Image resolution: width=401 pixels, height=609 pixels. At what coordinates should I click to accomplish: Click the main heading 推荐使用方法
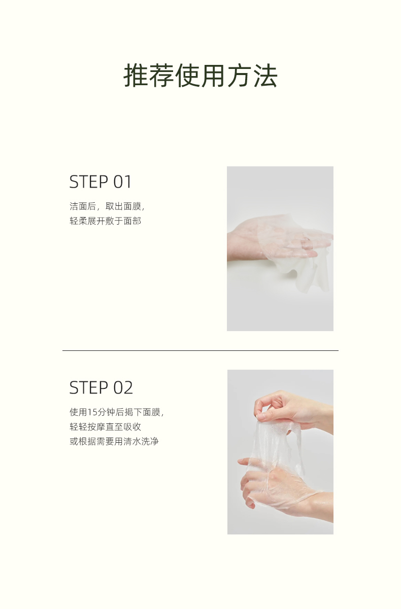(201, 76)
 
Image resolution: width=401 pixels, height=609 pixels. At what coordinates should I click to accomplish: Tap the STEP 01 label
(101, 182)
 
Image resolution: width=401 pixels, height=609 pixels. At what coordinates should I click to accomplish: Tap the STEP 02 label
(101, 387)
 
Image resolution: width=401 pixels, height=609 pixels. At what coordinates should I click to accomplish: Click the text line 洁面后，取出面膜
(107, 206)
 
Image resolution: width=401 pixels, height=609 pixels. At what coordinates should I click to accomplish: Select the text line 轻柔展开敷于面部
(106, 221)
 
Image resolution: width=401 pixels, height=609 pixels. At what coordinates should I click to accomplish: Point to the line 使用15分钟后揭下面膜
(117, 412)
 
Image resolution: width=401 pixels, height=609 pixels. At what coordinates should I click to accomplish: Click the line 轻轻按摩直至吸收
(106, 426)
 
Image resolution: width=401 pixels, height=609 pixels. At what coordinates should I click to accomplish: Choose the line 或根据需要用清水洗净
(114, 441)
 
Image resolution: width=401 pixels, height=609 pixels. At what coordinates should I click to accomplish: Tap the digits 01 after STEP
(122, 182)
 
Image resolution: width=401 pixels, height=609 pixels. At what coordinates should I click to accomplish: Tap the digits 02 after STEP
(123, 387)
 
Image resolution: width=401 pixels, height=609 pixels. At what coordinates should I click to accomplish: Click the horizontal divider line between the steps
(201, 351)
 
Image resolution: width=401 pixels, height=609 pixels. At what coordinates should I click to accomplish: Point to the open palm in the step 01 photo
(253, 239)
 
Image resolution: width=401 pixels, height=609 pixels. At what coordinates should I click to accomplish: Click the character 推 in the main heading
(136, 76)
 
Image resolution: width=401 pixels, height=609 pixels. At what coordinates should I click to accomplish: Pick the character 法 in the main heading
(265, 76)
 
